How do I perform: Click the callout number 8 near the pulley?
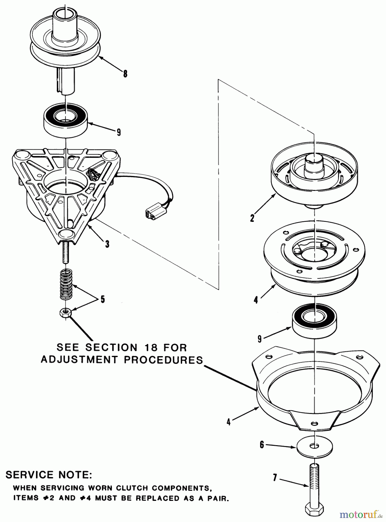[x=125, y=74]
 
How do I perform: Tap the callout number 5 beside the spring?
[x=103, y=299]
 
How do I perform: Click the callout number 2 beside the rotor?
[x=252, y=218]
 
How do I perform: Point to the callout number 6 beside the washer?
[x=262, y=445]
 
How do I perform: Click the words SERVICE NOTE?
[x=49, y=475]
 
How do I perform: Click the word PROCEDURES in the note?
[x=163, y=360]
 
